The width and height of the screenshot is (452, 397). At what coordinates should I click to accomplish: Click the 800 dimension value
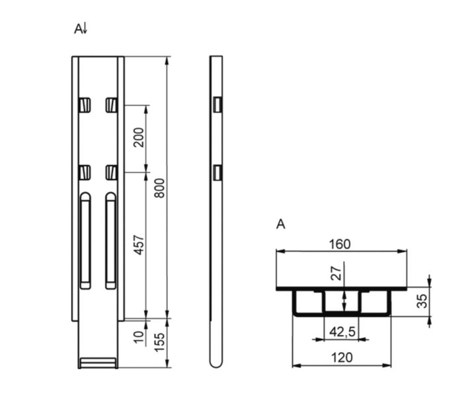coord(159,189)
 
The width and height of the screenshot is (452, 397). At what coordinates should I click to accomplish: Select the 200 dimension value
coord(139,138)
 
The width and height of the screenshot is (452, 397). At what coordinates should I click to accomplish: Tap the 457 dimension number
coord(139,245)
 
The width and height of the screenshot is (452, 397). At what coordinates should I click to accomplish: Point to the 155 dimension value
coord(159,342)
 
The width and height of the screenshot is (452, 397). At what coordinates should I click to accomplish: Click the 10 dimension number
coord(139,337)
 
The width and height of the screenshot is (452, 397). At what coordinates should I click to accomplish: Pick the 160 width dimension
coord(340,244)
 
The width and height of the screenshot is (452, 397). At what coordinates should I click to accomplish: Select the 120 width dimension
coord(342,358)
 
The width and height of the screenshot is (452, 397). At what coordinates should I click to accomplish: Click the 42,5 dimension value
coord(342,332)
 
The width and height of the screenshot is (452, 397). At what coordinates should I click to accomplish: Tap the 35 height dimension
coord(422,301)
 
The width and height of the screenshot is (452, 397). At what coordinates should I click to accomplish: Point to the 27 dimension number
coord(336,274)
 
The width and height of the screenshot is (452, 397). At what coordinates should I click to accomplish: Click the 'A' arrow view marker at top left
coord(81,29)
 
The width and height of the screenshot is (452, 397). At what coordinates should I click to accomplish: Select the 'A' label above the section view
coord(281,224)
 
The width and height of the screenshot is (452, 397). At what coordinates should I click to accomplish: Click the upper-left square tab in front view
coord(85,105)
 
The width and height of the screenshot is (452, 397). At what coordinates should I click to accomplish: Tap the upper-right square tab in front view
coord(112,105)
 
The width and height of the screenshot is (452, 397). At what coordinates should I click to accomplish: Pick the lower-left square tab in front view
coord(85,173)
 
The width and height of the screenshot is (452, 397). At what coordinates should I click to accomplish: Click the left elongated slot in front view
coord(85,240)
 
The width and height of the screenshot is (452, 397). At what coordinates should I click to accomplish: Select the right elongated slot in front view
coord(111,240)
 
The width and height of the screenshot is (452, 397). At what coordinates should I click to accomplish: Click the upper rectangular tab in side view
coord(217,105)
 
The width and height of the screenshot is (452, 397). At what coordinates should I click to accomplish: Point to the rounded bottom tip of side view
coord(216,365)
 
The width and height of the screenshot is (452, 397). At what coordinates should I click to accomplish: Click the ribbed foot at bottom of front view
coord(98,363)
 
